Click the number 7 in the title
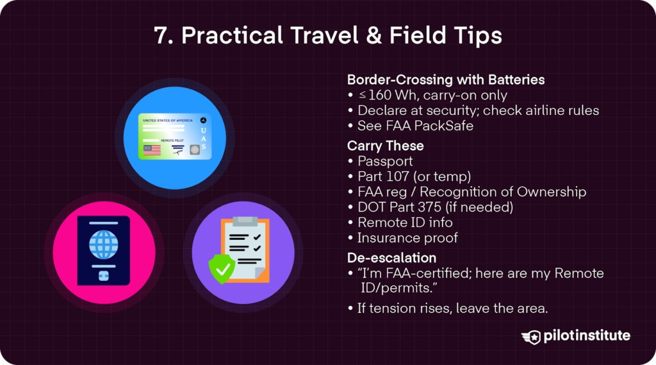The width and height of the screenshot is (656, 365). [x=161, y=36]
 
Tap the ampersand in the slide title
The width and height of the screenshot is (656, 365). [x=373, y=36]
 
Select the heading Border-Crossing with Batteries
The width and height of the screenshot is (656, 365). [x=446, y=80]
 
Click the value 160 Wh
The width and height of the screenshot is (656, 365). [x=393, y=95]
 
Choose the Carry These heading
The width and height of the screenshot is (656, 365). [x=385, y=146]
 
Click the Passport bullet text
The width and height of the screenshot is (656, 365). [x=385, y=162]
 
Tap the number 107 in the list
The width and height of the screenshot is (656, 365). [x=397, y=176]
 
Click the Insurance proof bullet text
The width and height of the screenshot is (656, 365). [x=407, y=238]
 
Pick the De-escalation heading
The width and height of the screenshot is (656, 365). [x=391, y=258]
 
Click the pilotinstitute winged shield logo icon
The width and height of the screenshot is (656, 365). [x=531, y=337]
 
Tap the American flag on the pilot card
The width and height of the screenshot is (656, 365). [x=152, y=150]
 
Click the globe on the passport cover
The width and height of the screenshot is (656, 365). [x=103, y=245]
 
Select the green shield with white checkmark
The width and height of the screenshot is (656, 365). [x=222, y=269]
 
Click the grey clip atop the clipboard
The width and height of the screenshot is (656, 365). [x=245, y=221]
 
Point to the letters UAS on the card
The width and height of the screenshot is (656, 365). [x=203, y=139]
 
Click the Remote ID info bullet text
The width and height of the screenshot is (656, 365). [x=405, y=223]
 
